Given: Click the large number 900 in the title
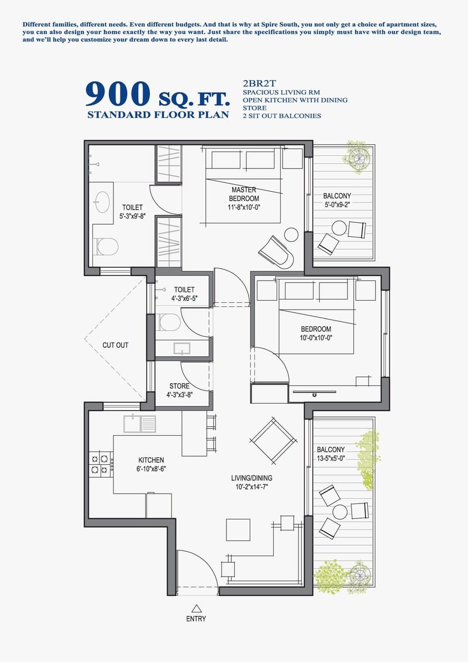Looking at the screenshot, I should click(x=117, y=94).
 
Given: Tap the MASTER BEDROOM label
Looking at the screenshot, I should click(x=243, y=194).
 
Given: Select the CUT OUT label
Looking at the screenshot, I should click(x=115, y=345).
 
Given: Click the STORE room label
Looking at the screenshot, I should click(x=180, y=386).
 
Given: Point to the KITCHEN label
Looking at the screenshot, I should click(x=151, y=460).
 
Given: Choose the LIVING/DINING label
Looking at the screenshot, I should click(x=252, y=478).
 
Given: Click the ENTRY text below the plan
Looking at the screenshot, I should click(x=197, y=619).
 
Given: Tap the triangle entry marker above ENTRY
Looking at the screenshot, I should click(x=197, y=608).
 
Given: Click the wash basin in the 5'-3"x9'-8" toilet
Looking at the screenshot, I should click(x=102, y=202).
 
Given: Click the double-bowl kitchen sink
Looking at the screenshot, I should click(x=140, y=423).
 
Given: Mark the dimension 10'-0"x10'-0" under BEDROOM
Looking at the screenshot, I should click(x=316, y=337).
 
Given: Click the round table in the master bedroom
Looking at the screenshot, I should click(x=291, y=235).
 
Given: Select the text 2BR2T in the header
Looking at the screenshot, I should click(x=257, y=83).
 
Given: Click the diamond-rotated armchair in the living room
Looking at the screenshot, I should click(x=273, y=439).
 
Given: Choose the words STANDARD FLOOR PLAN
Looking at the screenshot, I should click(x=158, y=115).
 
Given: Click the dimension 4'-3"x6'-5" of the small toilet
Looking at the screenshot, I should click(x=184, y=298).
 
